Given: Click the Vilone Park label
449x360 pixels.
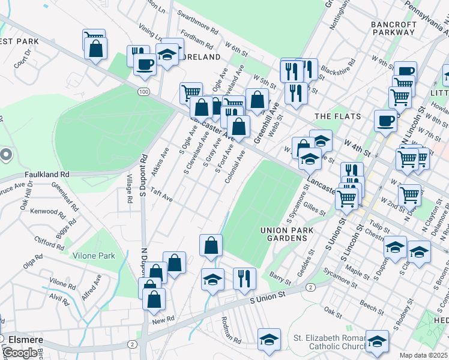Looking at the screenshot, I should [94, 256].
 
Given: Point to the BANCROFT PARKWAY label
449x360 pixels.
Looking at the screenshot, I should [394, 28].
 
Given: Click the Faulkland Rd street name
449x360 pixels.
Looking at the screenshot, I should [47, 174].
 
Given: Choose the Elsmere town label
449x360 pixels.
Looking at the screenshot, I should [24, 339].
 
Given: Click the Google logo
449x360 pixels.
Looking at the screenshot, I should [20, 352].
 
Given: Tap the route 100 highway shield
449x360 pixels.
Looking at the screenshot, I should [143, 91].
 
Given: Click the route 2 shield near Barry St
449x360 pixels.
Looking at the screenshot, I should [310, 288].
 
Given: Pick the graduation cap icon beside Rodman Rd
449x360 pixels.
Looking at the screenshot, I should [269, 339].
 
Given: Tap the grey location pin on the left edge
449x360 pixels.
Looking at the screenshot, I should [6, 155].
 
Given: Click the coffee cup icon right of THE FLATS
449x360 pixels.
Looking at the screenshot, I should [385, 120].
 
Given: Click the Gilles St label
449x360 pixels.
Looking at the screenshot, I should [315, 209].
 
